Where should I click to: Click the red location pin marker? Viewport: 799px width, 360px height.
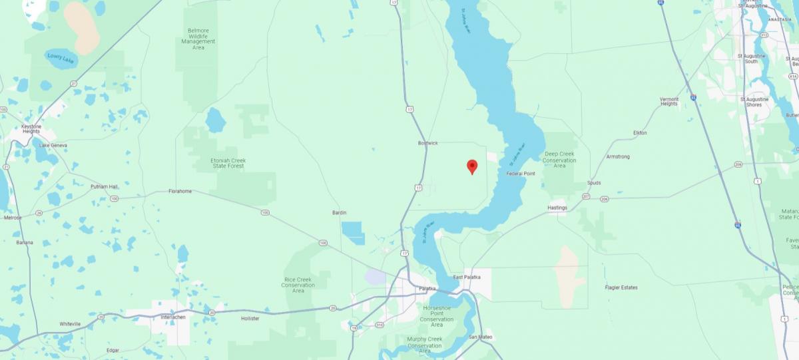tap(472, 166)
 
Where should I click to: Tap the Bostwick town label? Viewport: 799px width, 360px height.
tap(427, 143)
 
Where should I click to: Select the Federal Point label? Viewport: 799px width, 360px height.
tap(521, 174)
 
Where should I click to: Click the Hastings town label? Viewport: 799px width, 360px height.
tap(557, 208)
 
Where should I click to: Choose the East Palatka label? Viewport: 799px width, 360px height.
tap(466, 277)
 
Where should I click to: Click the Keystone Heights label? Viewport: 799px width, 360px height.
tap(31, 128)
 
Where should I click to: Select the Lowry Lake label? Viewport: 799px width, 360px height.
tap(62, 58)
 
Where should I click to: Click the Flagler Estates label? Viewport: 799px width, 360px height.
tap(621, 287)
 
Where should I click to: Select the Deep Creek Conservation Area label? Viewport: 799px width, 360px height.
tap(559, 160)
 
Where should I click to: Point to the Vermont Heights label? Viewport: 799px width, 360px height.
tap(669, 101)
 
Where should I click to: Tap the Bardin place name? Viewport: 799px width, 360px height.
tap(340, 213)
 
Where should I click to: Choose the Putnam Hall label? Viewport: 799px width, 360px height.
tap(104, 187)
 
